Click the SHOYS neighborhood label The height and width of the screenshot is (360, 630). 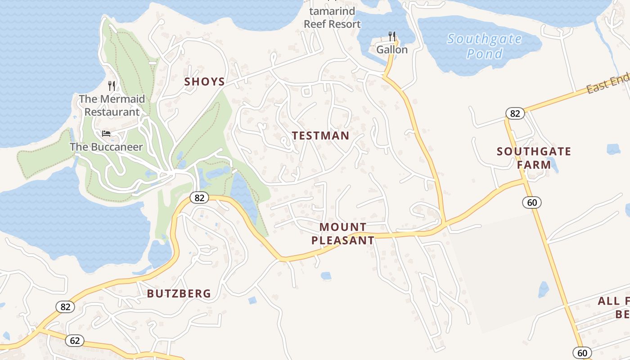[204, 81]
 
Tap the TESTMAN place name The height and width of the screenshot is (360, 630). [320, 135]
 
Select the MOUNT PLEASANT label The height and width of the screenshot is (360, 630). [342, 234]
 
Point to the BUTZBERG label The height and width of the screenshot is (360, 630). [179, 293]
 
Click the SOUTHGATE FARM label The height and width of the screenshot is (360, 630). [534, 158]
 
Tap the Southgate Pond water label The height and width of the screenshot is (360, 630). [484, 46]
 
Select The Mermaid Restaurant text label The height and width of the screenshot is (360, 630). [112, 105]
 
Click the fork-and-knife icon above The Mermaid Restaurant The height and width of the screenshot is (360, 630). [112, 85]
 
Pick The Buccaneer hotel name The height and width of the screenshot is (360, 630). [106, 147]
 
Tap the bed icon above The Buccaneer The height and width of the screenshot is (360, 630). [106, 133]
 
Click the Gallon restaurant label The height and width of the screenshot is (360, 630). [392, 49]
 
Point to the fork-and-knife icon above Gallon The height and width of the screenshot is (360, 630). [392, 36]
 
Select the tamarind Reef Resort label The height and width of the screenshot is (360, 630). [332, 18]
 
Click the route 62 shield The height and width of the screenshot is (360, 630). [75, 340]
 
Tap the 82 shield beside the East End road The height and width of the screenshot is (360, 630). [515, 113]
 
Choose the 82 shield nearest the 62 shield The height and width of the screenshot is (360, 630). [65, 307]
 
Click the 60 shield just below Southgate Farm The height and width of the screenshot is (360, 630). [532, 202]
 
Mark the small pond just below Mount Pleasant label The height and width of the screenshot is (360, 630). [326, 275]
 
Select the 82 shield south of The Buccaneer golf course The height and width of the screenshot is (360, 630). [199, 197]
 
